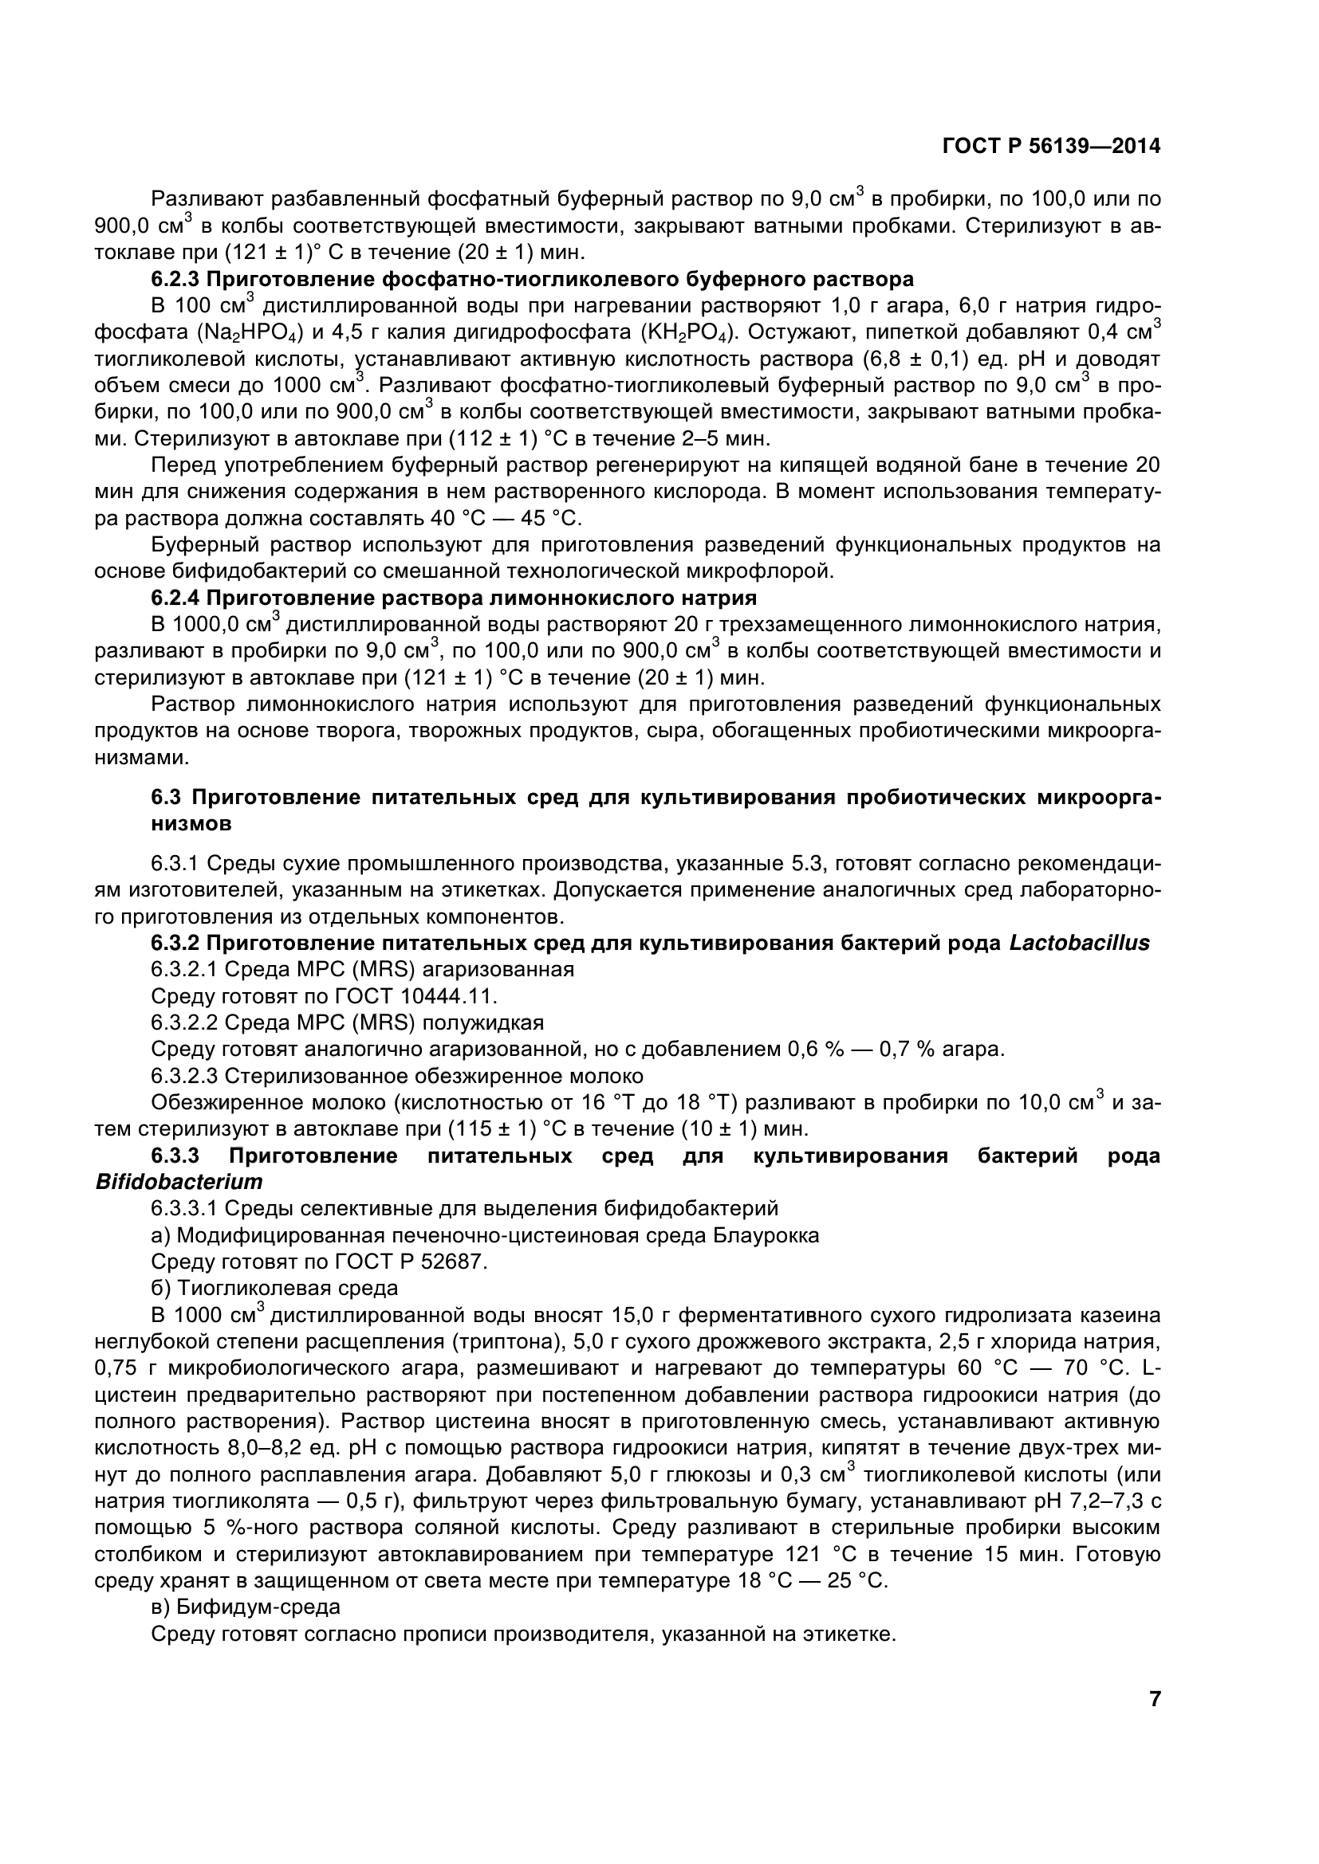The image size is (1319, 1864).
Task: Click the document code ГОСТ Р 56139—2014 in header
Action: (x=1051, y=146)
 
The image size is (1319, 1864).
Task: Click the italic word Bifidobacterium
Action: (x=179, y=1182)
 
